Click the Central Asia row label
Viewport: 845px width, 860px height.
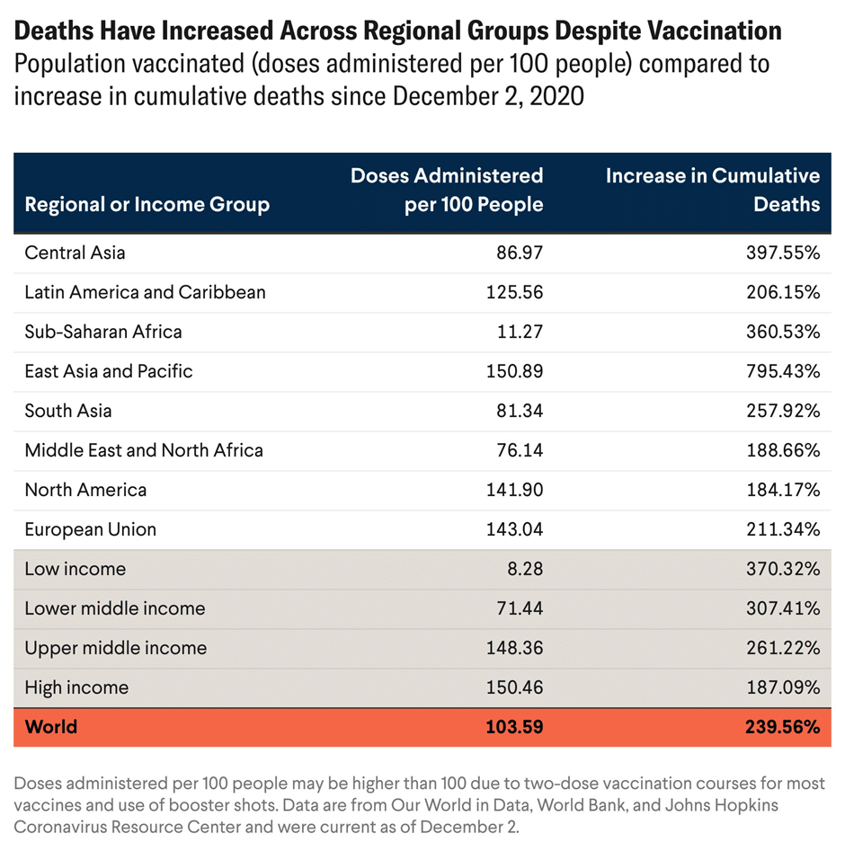(x=76, y=253)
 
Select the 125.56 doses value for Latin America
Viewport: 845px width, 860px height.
(x=515, y=292)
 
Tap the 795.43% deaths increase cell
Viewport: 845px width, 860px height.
(x=783, y=371)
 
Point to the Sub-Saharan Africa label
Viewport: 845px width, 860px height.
(x=103, y=332)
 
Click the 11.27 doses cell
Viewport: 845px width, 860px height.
(x=520, y=332)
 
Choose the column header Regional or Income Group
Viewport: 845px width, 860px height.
(x=147, y=205)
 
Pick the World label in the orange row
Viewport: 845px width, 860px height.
(x=51, y=727)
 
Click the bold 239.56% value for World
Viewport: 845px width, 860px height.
(x=782, y=727)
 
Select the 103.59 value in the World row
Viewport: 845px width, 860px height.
(x=514, y=727)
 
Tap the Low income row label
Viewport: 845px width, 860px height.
(x=76, y=569)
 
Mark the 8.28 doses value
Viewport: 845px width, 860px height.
(x=525, y=569)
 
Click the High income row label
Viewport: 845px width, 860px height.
(x=76, y=687)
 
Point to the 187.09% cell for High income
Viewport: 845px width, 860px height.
(x=783, y=687)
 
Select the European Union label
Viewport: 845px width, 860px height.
(x=91, y=529)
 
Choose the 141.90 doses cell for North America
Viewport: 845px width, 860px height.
(x=515, y=490)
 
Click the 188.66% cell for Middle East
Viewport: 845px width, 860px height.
(x=783, y=450)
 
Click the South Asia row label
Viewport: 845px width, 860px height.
(x=68, y=411)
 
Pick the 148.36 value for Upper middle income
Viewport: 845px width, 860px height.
(x=515, y=648)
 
